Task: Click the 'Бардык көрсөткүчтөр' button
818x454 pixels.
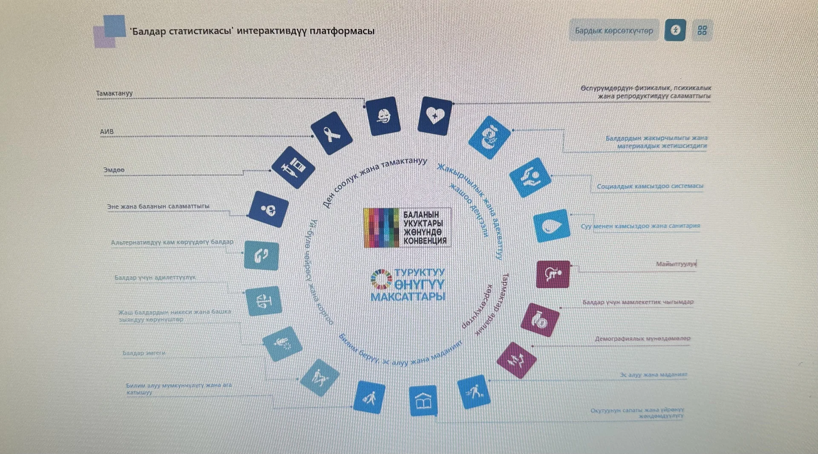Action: point(613,31)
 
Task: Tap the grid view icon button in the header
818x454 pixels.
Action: point(702,30)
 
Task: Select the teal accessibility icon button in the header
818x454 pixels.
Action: point(675,30)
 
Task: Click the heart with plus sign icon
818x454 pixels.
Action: point(435,116)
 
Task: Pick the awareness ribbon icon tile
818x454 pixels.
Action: point(331,133)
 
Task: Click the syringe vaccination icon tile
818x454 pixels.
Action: point(293,167)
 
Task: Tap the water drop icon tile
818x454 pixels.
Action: point(552,226)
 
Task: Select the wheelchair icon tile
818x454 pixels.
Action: point(553,274)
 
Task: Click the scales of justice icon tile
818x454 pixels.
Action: point(264,301)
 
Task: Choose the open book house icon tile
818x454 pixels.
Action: point(423,401)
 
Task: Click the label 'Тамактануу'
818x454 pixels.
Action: point(114,93)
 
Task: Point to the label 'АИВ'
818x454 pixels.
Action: point(107,132)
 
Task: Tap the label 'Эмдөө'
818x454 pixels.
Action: point(114,170)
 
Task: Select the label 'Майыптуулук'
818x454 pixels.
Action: point(676,264)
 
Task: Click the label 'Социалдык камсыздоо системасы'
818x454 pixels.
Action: point(650,186)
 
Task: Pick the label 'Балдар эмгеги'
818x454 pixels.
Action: point(144,353)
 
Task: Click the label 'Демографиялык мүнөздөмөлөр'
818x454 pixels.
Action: point(642,339)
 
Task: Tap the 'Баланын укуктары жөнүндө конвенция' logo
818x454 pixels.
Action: point(407,227)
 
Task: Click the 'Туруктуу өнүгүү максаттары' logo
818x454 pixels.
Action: point(408,284)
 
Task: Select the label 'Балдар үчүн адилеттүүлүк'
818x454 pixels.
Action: point(155,277)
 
